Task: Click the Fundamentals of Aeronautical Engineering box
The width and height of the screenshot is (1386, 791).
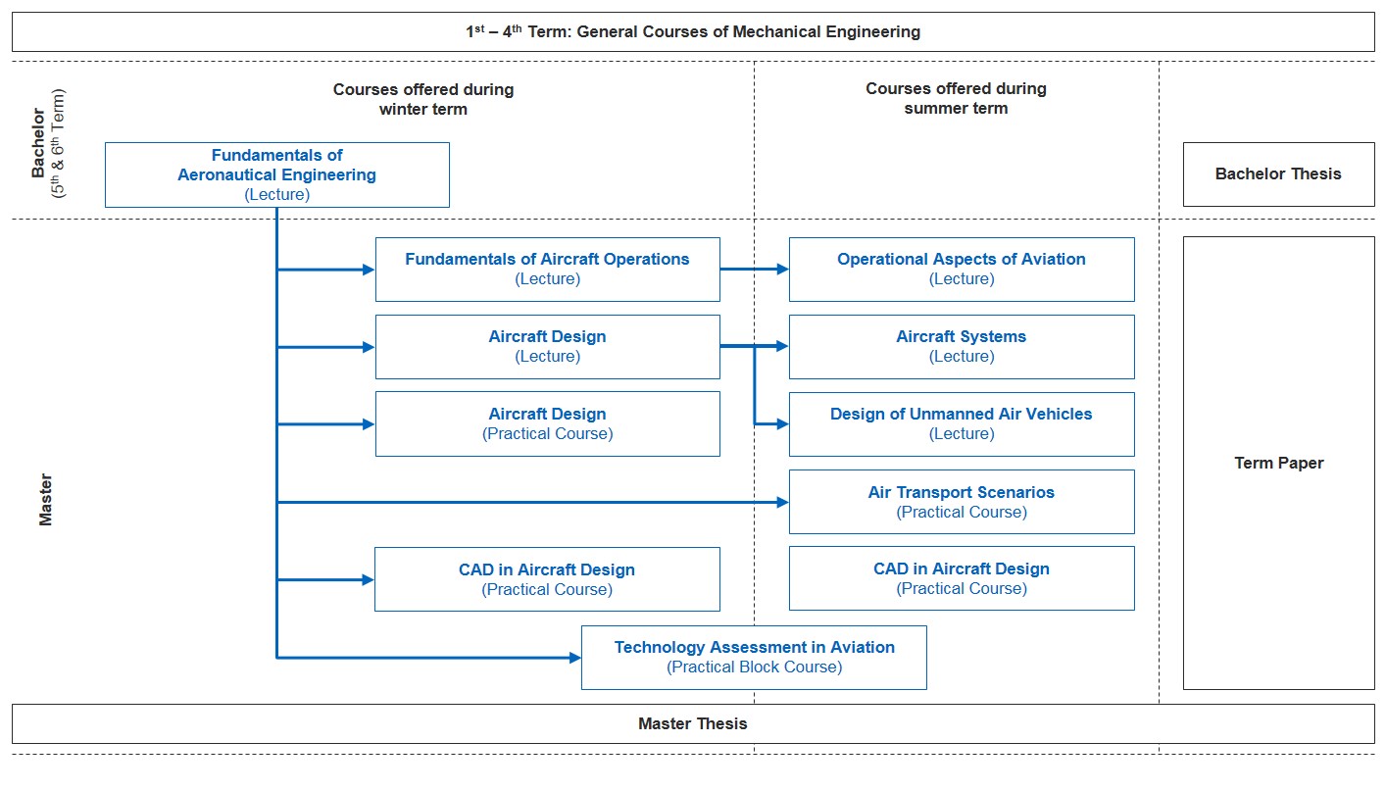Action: (277, 175)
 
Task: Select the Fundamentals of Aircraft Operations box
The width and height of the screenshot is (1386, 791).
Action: (548, 270)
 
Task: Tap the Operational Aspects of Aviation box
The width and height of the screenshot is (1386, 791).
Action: (962, 270)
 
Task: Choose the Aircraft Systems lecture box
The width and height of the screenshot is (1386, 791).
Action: (962, 347)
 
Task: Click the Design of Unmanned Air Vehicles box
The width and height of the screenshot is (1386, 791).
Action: (962, 424)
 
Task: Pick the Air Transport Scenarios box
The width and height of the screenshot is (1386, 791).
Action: (962, 502)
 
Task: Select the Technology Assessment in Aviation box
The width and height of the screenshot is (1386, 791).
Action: (754, 658)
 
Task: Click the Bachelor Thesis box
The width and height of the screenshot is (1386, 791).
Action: (1279, 174)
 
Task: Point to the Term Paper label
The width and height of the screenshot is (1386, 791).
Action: (1279, 463)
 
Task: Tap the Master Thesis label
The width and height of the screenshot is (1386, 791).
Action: (693, 723)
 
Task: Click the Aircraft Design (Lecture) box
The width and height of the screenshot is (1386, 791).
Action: (548, 347)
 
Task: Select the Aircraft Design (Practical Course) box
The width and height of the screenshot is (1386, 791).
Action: (548, 424)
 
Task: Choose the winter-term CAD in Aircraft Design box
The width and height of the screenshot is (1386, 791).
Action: (547, 579)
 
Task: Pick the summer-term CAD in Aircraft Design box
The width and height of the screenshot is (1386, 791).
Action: (962, 578)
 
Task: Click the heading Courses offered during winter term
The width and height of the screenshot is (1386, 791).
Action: (423, 99)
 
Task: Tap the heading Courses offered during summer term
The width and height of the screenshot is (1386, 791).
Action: (956, 98)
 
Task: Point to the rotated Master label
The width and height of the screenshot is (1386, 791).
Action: (46, 500)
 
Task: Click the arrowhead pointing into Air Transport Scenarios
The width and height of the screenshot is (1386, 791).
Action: (783, 502)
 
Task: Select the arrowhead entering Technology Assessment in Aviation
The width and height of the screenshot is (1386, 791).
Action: (575, 658)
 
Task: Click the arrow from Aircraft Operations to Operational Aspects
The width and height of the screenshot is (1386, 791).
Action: (755, 270)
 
